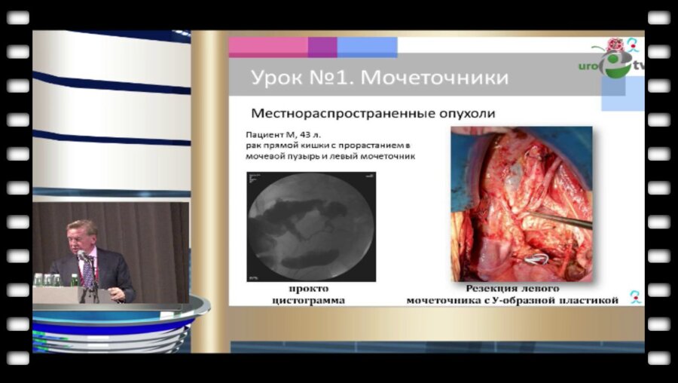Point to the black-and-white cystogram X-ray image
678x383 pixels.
(311, 224)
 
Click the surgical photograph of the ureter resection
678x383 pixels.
(521, 204)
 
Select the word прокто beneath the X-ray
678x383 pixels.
(309, 289)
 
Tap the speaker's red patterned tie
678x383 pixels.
(88, 272)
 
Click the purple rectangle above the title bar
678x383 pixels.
(322, 47)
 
